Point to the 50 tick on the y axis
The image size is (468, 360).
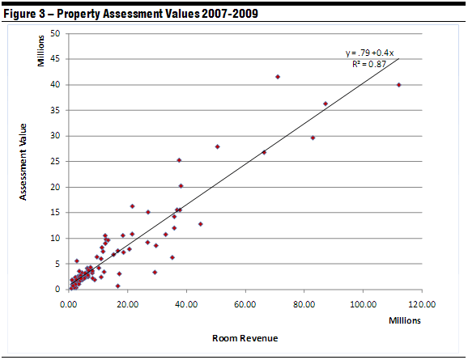(54, 33)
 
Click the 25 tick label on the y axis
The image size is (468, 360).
(54, 161)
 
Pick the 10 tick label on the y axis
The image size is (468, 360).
(54, 238)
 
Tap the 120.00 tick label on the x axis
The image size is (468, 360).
(420, 304)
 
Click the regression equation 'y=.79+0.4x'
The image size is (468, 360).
(369, 53)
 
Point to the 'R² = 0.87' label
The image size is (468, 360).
(369, 64)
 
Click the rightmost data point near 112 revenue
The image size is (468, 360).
(398, 85)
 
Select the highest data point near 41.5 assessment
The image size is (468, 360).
(278, 77)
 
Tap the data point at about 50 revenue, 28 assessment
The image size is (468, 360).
(218, 146)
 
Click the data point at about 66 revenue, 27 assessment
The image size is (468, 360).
(264, 152)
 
